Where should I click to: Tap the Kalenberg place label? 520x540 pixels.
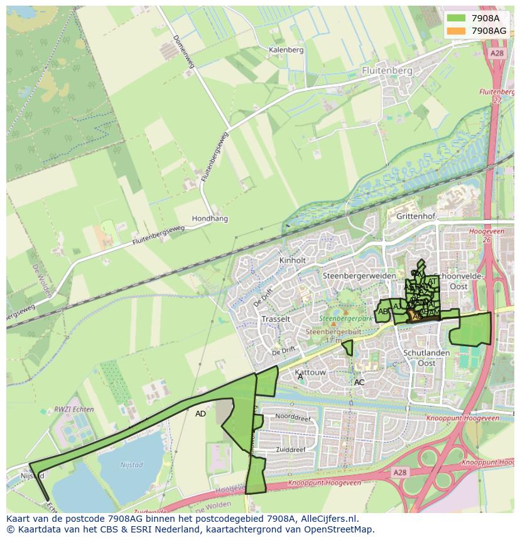coord(286,50)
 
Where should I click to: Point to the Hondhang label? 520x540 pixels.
coord(210,219)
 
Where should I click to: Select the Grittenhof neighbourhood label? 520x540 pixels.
coord(415,216)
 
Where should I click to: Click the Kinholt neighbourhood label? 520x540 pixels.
coord(293,260)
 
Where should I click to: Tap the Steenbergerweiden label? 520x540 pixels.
coord(359,275)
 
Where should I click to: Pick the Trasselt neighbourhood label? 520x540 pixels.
coord(276,319)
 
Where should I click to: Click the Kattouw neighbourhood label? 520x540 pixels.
coord(310,373)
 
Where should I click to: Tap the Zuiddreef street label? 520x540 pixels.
coord(290,450)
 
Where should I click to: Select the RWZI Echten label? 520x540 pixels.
coord(73,410)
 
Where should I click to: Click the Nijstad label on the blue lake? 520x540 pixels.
coord(131,465)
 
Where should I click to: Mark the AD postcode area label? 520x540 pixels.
coord(200,414)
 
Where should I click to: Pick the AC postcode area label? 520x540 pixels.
coord(359,382)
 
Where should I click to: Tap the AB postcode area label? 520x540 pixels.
coord(383,311)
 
